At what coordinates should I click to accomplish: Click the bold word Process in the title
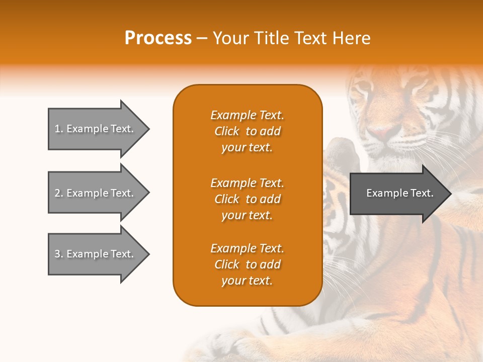pyautogui.click(x=158, y=38)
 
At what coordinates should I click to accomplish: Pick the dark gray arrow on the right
pyautogui.click(x=397, y=193)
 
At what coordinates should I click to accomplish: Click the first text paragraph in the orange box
pyautogui.click(x=247, y=131)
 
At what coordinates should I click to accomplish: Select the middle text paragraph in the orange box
pyautogui.click(x=247, y=199)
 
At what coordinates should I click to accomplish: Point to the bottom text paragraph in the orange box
pyautogui.click(x=247, y=264)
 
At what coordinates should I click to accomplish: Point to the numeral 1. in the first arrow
pyautogui.click(x=59, y=129)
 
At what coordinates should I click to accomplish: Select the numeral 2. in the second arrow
pyautogui.click(x=59, y=193)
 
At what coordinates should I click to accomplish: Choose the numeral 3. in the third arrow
pyautogui.click(x=59, y=254)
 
